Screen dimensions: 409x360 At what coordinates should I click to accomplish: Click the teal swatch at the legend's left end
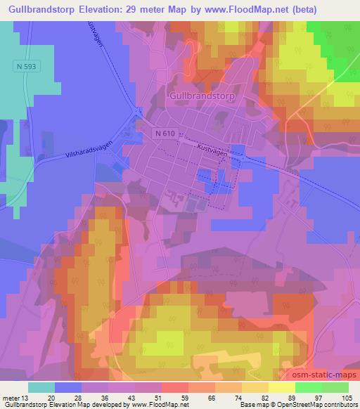tap(41, 387)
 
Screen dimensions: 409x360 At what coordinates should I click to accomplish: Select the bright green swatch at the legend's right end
tap(335, 387)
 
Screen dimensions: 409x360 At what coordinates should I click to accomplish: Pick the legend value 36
tap(104, 398)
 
